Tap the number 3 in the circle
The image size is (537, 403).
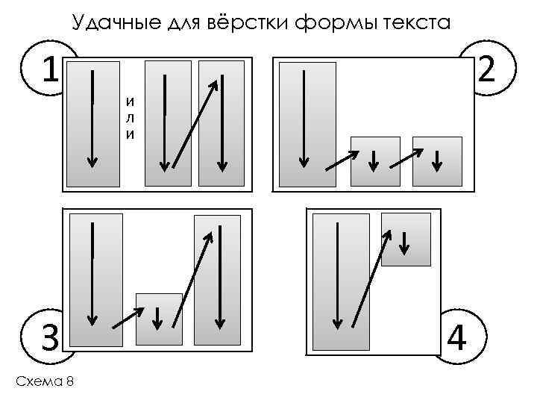click(50, 340)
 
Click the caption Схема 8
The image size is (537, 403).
click(45, 381)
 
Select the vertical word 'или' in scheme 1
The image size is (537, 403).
click(131, 119)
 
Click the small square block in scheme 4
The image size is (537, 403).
click(406, 239)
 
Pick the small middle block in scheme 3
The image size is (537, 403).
click(159, 319)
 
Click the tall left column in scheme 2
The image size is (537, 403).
click(307, 123)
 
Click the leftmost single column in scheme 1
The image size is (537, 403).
click(92, 123)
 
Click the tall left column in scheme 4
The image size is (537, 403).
click(340, 281)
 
